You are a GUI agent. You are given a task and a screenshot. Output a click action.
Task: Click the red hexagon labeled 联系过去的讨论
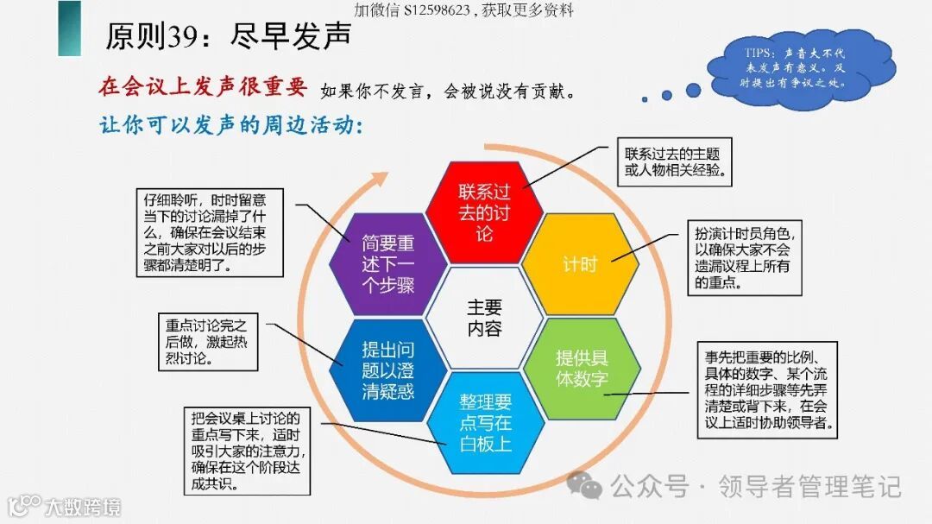[x=484, y=211]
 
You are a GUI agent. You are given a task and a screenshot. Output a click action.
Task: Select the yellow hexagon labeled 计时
[x=580, y=263]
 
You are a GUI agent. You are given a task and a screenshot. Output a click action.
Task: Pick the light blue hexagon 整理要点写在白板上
[x=485, y=422]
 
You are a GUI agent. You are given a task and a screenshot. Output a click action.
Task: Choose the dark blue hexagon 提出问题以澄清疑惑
[x=388, y=370]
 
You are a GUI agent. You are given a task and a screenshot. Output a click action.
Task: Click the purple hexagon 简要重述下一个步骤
[x=388, y=263]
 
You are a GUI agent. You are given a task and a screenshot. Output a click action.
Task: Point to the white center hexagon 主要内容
[x=484, y=317]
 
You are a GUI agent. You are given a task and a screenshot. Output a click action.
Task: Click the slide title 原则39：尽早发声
[x=229, y=36]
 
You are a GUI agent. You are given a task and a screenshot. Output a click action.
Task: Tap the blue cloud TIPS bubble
[x=799, y=67]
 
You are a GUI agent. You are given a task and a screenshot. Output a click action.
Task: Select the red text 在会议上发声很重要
[x=204, y=87]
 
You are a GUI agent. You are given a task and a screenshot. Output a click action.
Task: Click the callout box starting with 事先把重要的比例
[x=768, y=389]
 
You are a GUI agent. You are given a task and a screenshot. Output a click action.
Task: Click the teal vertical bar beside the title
[x=69, y=28]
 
